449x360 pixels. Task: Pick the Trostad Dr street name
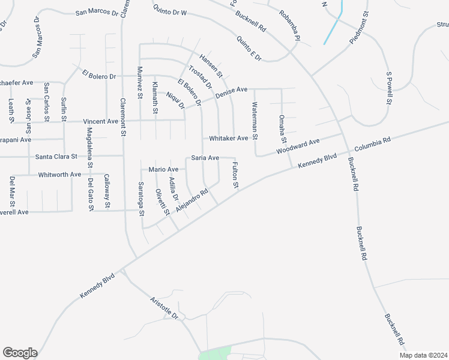pos(200,77)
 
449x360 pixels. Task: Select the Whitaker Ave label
pos(228,139)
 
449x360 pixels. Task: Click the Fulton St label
pos(235,176)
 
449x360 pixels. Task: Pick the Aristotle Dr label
pos(164,308)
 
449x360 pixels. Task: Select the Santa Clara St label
pos(56,157)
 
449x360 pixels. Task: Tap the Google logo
pos(20,352)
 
